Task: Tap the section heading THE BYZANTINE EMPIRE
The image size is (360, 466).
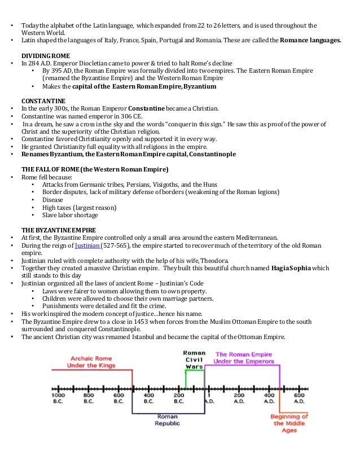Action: tap(59, 230)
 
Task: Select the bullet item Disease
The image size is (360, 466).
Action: tap(54, 199)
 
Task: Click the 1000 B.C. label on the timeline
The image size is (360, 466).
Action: tap(59, 398)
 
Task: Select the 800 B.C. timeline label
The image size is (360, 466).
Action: tap(89, 398)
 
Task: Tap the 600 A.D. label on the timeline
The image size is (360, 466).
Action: tap(298, 398)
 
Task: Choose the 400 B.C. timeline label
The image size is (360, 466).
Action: tap(148, 398)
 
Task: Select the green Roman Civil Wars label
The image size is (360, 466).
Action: tap(194, 359)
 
